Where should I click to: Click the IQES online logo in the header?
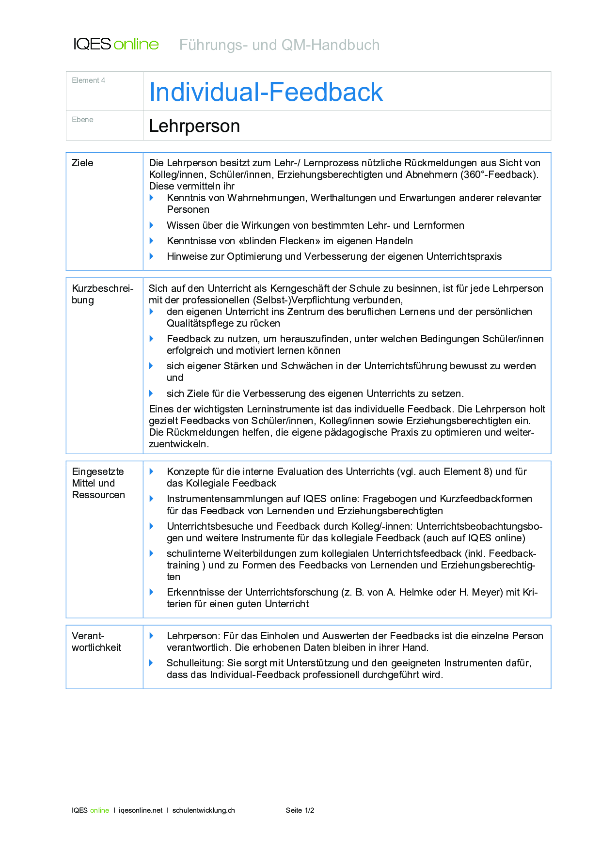tap(116, 44)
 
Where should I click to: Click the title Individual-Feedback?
tap(266, 92)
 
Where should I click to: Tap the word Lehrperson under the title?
tap(194, 126)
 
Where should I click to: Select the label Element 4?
tap(88, 80)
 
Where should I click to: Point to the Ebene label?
tap(82, 120)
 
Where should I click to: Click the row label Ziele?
tap(82, 163)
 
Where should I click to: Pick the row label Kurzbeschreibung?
tap(102, 294)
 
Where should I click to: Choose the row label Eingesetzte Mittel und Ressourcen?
tap(98, 483)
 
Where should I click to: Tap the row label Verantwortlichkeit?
tap(96, 642)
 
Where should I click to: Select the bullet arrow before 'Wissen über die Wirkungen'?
tap(152, 225)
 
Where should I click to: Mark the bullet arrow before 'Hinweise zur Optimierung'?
tap(152, 256)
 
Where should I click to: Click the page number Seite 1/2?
tap(300, 810)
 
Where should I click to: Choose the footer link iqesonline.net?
tap(141, 810)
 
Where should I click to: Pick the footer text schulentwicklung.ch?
tap(204, 810)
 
